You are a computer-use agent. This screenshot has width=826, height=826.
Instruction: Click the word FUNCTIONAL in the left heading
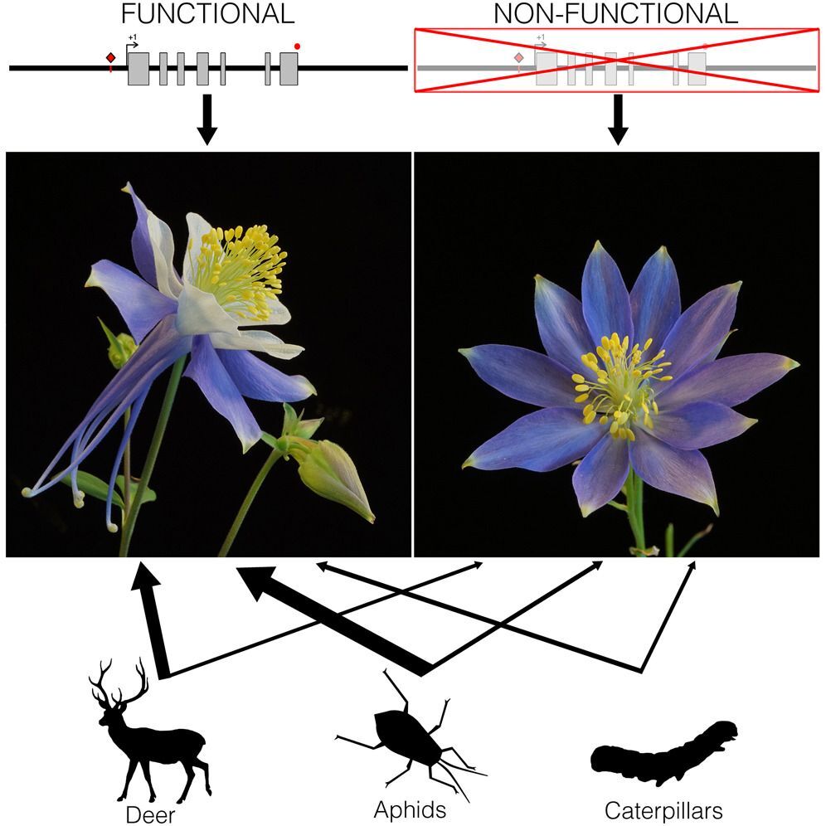(x=206, y=14)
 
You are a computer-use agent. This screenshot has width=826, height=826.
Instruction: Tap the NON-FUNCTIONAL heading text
(x=615, y=14)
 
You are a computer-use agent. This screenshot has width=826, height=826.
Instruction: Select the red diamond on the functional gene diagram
(x=110, y=58)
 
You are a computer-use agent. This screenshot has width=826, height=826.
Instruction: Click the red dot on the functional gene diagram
(x=298, y=46)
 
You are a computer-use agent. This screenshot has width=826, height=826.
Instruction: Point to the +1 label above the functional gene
(x=132, y=38)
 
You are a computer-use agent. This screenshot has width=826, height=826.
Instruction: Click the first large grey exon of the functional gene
(x=138, y=68)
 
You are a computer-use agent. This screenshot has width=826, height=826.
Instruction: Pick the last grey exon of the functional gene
(x=289, y=68)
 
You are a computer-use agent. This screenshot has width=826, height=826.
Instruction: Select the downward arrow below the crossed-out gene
(x=617, y=119)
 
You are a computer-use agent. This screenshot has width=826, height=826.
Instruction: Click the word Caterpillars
(x=664, y=809)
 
